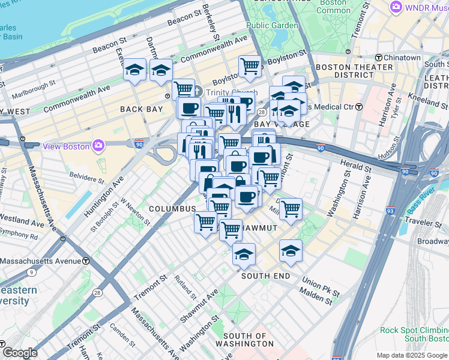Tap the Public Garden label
click(x=272, y=25)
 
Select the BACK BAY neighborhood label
click(x=141, y=109)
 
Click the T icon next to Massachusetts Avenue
click(x=86, y=262)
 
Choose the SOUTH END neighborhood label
click(x=265, y=276)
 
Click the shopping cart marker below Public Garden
click(x=250, y=67)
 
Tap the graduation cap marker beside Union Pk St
click(x=291, y=251)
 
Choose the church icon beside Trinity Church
click(x=199, y=92)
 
